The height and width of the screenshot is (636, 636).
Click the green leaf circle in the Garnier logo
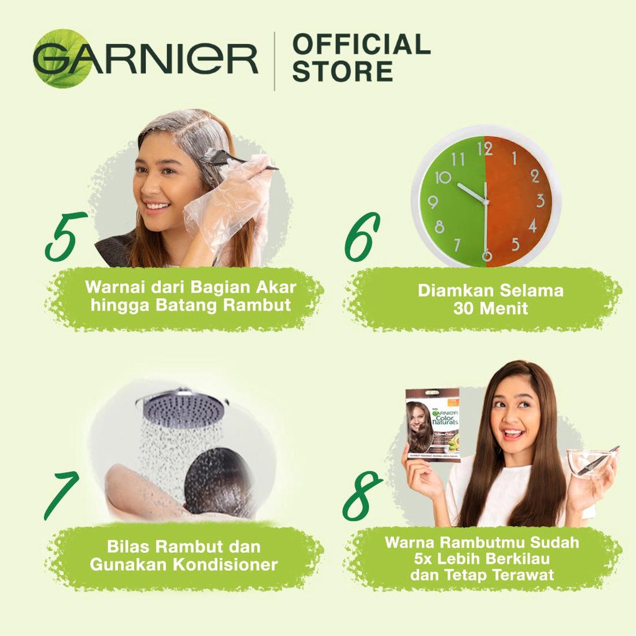[x=62, y=58]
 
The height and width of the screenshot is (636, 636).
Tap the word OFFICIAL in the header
[x=361, y=45]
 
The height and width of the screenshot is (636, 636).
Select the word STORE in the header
[x=342, y=70]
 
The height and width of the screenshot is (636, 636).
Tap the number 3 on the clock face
[x=540, y=200]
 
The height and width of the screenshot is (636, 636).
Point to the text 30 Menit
[x=490, y=307]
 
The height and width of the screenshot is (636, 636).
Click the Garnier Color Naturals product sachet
[x=432, y=425]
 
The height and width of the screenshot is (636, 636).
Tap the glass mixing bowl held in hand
[x=591, y=463]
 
